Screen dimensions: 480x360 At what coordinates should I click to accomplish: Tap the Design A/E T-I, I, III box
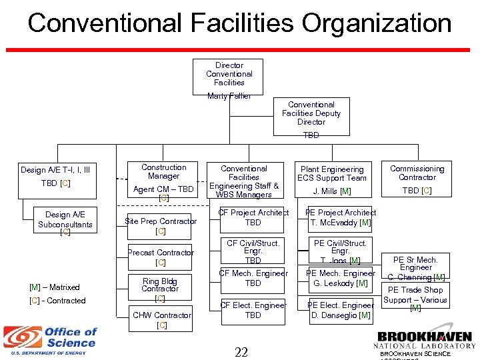point(55,177)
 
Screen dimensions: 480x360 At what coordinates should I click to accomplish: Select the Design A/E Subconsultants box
point(65,221)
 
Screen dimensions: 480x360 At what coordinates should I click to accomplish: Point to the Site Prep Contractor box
point(161,226)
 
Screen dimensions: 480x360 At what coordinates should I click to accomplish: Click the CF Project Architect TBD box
point(253,218)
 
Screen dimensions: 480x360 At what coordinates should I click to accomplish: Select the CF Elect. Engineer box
point(253,310)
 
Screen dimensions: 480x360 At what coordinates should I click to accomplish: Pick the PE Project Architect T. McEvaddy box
point(341,218)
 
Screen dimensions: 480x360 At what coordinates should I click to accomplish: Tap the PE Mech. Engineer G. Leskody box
point(341,279)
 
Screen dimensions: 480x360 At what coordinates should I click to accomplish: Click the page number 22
point(241,351)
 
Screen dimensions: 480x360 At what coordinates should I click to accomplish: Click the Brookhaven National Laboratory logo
point(424,341)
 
